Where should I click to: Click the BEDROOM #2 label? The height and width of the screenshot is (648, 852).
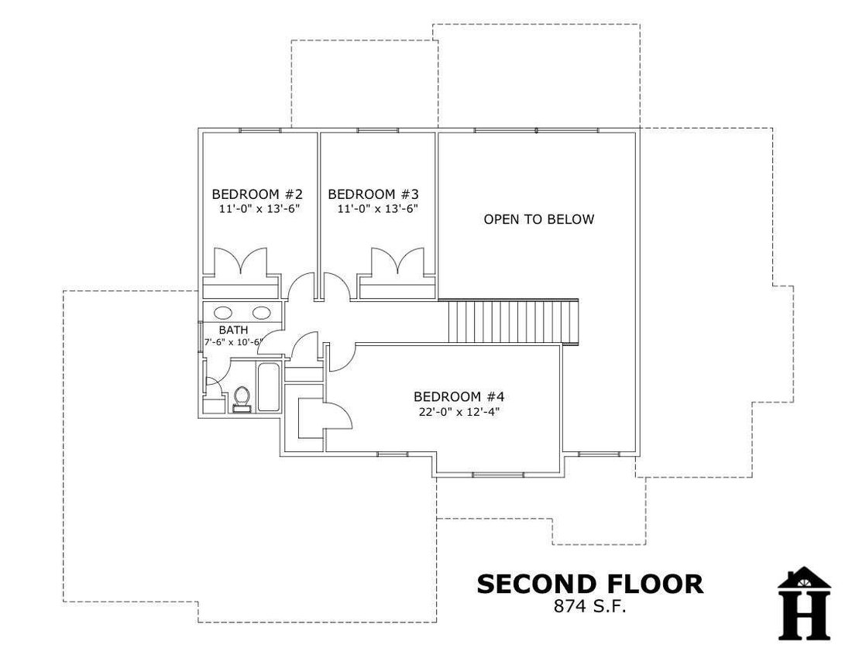pos(257,194)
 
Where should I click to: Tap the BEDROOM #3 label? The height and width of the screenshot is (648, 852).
pos(373,194)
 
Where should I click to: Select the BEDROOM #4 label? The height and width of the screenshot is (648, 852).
pos(459,396)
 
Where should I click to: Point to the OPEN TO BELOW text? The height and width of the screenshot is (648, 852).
pos(539,219)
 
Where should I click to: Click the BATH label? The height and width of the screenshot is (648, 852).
pos(234,330)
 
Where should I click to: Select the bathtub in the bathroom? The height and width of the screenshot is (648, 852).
pos(269,387)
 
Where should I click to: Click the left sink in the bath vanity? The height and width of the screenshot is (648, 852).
pos(223,313)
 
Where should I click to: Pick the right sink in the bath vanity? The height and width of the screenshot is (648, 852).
pos(261,313)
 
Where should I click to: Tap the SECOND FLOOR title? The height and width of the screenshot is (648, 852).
pos(590,584)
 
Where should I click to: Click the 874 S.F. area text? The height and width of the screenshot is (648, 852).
pos(590,606)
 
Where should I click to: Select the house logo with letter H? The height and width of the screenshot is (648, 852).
pos(804,603)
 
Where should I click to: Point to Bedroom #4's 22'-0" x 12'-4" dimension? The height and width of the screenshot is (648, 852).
pos(459,412)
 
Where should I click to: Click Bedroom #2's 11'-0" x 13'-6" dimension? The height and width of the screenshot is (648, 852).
pos(259,208)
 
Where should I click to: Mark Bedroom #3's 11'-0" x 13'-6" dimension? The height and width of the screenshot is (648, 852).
pos(378,208)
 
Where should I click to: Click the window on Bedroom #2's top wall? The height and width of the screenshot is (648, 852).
pos(260,130)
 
